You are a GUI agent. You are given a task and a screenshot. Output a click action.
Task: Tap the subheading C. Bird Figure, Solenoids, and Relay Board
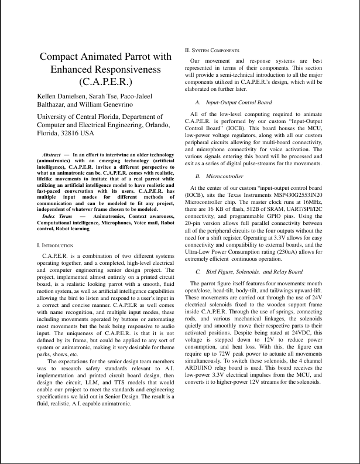pos(249,272)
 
